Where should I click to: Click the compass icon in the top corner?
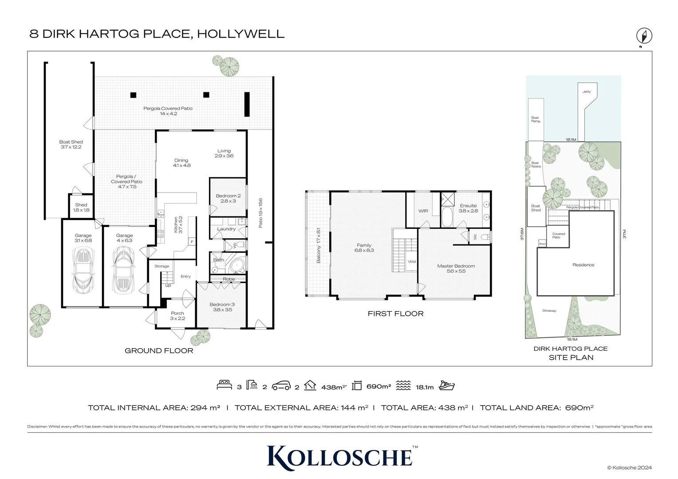[644, 36]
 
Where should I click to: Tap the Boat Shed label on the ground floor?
[71, 145]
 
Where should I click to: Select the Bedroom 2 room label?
[228, 198]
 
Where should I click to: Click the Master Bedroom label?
[456, 268]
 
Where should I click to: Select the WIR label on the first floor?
[423, 211]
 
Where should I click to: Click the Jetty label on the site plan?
[587, 92]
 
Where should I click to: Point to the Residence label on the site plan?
[583, 265]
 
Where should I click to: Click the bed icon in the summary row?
[225, 385]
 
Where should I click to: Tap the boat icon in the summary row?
[446, 385]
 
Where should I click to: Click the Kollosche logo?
[340, 456]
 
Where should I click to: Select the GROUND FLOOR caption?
[159, 350]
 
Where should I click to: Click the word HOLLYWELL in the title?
[240, 34]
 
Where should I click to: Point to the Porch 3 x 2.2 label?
[177, 316]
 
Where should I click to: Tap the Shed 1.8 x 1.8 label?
[81, 208]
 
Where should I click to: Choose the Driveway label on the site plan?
[549, 310]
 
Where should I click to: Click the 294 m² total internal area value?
[205, 408]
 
